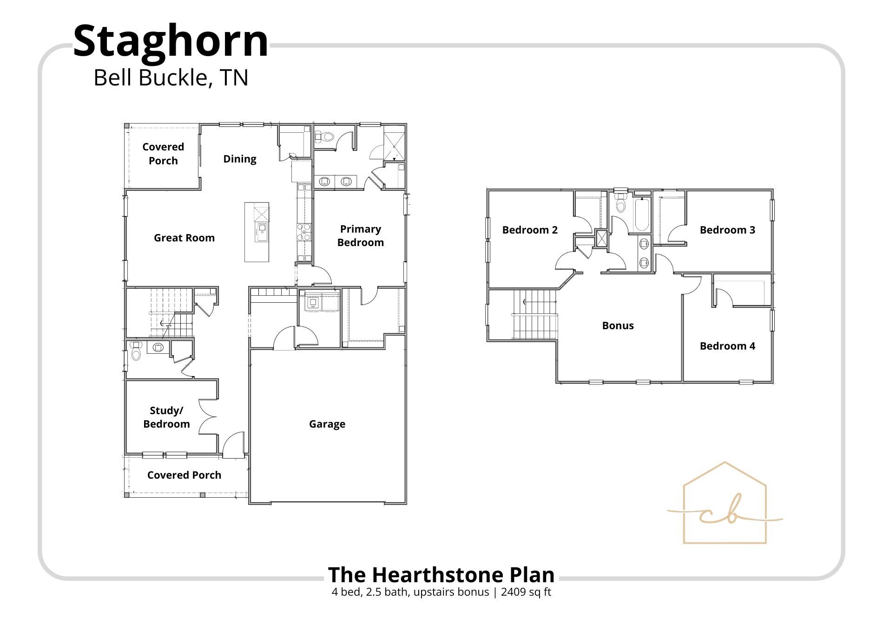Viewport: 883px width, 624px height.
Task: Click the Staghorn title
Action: tap(171, 42)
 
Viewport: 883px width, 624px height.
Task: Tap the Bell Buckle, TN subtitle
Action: tap(171, 78)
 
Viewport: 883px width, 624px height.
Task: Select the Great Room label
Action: tap(184, 238)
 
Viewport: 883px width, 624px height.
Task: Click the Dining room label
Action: tap(240, 159)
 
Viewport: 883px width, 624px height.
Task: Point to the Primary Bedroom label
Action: tap(361, 236)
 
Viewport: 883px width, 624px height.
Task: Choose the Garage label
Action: tap(327, 424)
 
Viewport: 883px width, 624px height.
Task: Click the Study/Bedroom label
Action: tap(166, 417)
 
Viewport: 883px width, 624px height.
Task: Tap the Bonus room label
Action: tap(618, 326)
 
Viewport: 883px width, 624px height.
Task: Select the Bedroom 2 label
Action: tap(530, 230)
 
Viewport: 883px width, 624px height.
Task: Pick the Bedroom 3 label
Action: tap(727, 230)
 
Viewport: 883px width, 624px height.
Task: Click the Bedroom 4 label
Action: tap(727, 346)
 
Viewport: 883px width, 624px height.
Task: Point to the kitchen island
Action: tap(257, 232)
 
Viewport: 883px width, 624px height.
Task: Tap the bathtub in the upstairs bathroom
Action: tap(642, 214)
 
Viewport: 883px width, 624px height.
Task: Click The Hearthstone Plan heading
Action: tap(441, 575)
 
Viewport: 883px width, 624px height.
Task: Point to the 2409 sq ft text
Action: tap(526, 592)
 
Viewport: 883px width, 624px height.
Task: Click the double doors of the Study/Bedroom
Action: tap(208, 416)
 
